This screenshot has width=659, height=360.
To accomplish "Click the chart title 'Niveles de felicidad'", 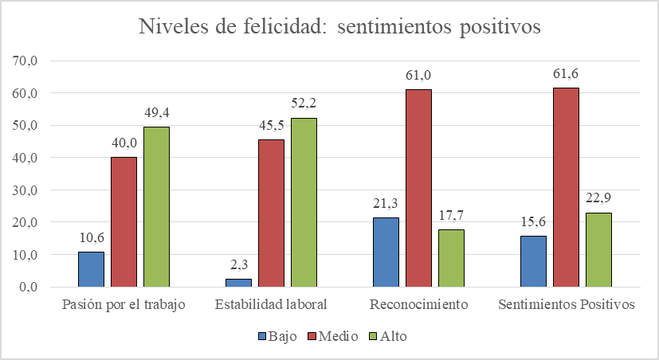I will pyautogui.click(x=340, y=26).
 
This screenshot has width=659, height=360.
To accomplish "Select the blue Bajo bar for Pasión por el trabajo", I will pyautogui.click(x=91, y=269).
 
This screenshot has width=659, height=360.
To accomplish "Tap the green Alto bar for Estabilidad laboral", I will pyautogui.click(x=303, y=202).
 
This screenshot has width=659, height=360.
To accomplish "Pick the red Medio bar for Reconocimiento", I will pyautogui.click(x=418, y=188).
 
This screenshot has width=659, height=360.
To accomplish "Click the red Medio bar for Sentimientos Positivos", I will pyautogui.click(x=566, y=187).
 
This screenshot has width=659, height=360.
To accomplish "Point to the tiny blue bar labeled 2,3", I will pyautogui.click(x=238, y=283).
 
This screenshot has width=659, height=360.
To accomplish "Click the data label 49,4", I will pyautogui.click(x=155, y=113).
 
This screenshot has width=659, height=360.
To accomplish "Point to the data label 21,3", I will pyautogui.click(x=386, y=205).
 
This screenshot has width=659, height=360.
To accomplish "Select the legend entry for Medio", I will pyautogui.click(x=335, y=336).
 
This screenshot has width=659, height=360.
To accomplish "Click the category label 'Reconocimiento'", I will pyautogui.click(x=418, y=305).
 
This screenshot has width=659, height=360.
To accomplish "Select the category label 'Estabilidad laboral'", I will pyautogui.click(x=271, y=305).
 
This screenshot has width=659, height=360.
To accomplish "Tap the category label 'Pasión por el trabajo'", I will pyautogui.click(x=124, y=305).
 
